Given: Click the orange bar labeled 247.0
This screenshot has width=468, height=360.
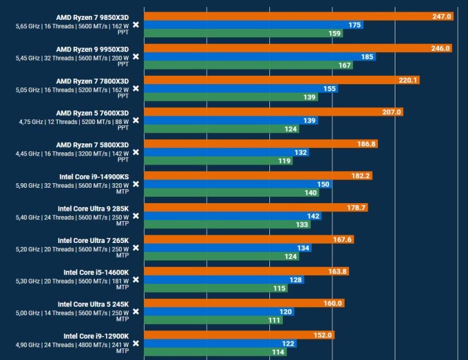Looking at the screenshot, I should [299, 16].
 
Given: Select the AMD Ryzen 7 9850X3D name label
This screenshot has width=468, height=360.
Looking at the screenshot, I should [92, 17].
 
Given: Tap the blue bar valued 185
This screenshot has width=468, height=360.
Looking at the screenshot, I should [260, 57].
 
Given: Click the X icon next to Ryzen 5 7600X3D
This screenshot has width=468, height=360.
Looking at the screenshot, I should [136, 120].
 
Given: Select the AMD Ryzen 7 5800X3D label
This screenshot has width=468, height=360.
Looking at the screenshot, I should [92, 145].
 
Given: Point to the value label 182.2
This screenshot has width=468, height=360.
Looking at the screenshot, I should [359, 175].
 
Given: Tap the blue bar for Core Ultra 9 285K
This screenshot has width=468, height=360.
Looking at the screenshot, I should [233, 216].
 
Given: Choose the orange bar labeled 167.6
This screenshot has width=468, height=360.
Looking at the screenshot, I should [249, 240].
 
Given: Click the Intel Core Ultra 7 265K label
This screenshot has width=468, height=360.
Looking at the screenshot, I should [93, 240].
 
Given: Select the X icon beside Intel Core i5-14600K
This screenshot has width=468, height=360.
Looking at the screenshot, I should [136, 280].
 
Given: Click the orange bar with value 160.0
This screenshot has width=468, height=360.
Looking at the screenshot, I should [244, 303].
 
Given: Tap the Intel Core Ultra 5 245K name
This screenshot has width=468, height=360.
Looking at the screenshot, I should [93, 304].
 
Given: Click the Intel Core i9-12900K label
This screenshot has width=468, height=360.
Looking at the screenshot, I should [96, 336].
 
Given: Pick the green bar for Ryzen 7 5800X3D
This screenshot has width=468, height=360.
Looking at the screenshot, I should [219, 161].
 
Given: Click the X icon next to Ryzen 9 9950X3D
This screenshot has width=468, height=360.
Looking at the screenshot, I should [136, 57].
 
